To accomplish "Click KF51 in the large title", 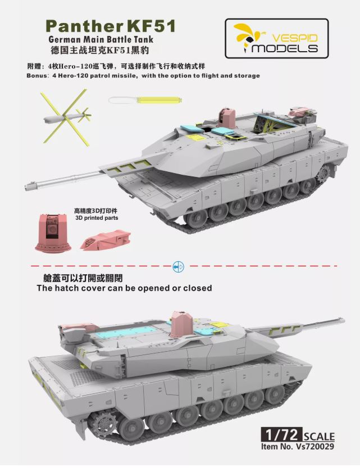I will tap(152, 25).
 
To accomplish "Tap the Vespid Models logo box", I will tap(276, 39).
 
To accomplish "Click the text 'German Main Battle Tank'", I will tap(101, 40).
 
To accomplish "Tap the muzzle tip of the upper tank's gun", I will tap(25, 185).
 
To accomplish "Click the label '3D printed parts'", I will tap(97, 217).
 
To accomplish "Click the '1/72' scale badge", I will tap(280, 436).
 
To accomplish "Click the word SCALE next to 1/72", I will tap(318, 437).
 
